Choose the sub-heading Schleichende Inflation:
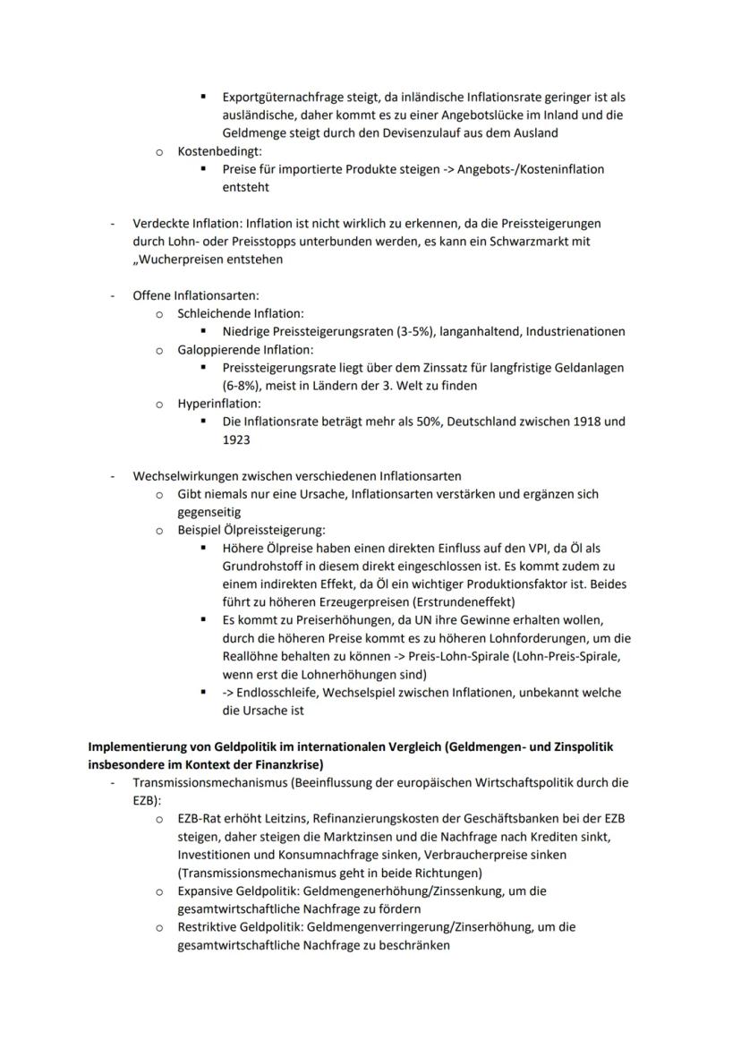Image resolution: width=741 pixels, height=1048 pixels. pyautogui.click(x=240, y=313)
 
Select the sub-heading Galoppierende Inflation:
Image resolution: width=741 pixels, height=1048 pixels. pyautogui.click(x=245, y=350)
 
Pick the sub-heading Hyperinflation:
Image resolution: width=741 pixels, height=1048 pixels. pyautogui.click(x=219, y=404)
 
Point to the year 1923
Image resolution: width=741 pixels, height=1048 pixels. pyautogui.click(x=237, y=440)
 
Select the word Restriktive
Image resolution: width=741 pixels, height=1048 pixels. pyautogui.click(x=209, y=927)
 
